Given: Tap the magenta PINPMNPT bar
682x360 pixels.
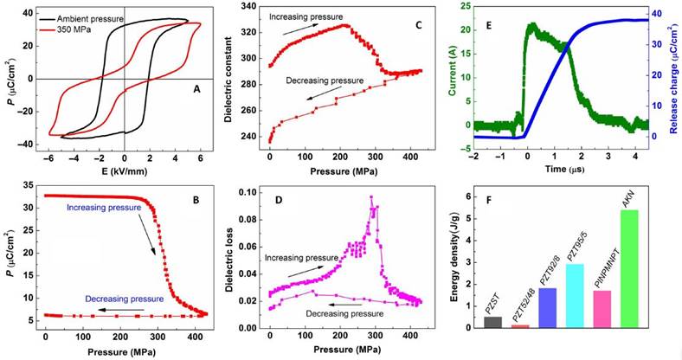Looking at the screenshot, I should tap(603, 310).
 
